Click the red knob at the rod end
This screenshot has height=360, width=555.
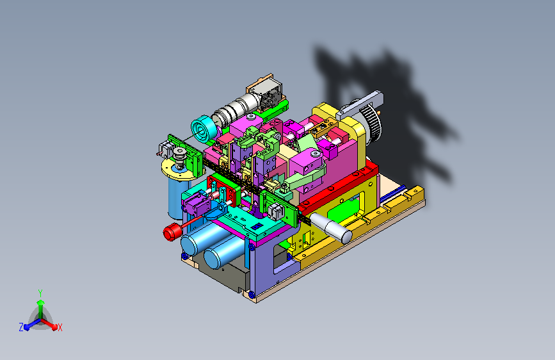pos(172,233)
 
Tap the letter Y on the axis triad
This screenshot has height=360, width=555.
pos(40,293)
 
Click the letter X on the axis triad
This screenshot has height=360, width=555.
pos(60,328)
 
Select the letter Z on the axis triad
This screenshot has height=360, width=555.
pos(21,327)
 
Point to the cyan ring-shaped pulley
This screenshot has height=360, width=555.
pos(203,129)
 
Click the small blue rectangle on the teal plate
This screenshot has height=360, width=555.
pos(257,226)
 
